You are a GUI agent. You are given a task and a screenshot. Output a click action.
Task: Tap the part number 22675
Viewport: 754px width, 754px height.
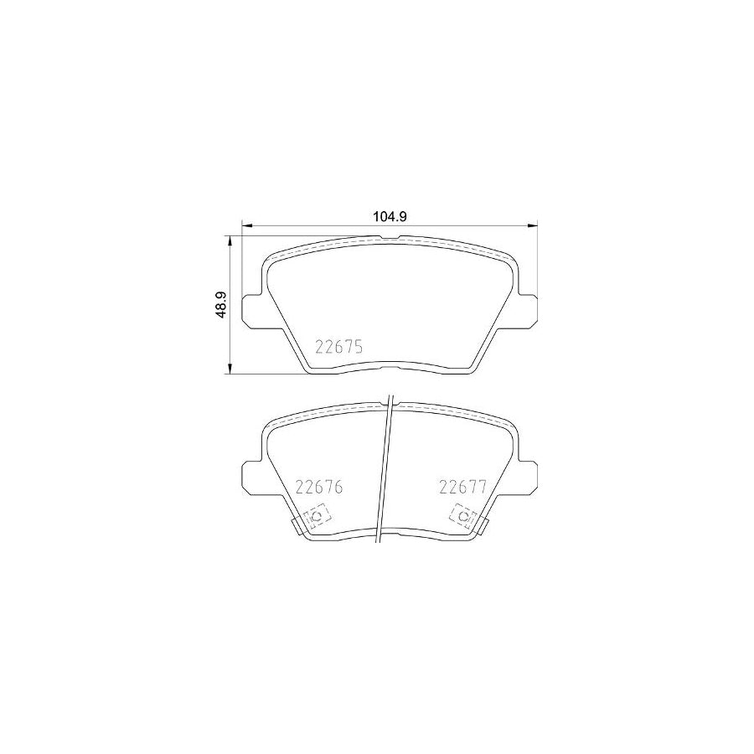point(338,347)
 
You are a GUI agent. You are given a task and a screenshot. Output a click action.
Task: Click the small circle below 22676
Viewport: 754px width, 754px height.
point(316,517)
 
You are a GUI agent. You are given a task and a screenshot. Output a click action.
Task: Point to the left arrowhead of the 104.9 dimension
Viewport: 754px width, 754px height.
point(245,224)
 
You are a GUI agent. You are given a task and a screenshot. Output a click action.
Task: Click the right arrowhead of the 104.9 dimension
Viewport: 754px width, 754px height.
point(532,224)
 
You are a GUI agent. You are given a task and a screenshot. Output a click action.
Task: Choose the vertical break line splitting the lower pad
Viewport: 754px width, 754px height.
point(385,469)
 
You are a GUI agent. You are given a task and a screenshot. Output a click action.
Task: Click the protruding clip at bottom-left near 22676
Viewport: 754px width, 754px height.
point(297,525)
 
